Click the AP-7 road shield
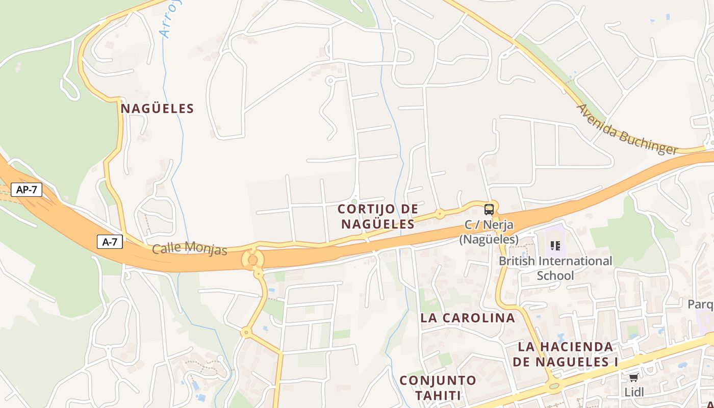pos(27,190)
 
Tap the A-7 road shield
pos(110,242)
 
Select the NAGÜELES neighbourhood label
pos(157,109)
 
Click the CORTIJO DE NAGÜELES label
pos(378,216)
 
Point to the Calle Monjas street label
pos(189,248)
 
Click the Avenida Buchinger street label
pos(627,130)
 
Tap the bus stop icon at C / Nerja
pos(489,209)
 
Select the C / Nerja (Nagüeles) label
pos(489,232)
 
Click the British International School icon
pos(555,246)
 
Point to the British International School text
pos(555,268)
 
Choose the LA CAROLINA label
pos(467,318)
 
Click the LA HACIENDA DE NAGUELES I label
pos(565,354)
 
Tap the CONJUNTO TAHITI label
pos(438,388)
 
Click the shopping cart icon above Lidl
pos(633,377)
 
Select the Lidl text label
pos(634,392)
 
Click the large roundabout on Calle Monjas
pos(253,259)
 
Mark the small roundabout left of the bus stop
pos(440,214)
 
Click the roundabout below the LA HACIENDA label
pos(554,385)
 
